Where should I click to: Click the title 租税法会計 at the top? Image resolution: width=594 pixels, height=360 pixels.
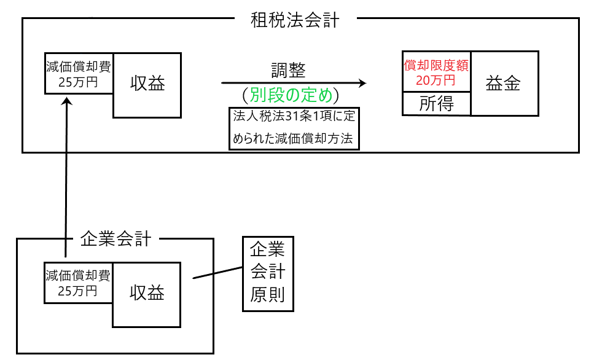pos(295,20)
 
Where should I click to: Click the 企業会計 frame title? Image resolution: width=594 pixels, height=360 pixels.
pos(115,239)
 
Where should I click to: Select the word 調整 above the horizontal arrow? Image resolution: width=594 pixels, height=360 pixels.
pos(288,70)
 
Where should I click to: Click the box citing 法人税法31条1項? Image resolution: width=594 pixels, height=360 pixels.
pos(293,128)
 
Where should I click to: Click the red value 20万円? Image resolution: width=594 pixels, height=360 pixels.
pos(436,80)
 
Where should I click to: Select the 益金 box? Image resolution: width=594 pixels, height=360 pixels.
pos(504,84)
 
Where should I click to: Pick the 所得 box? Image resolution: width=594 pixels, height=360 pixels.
pos(436,104)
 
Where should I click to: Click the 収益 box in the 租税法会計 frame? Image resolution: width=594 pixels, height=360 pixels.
pos(147,85)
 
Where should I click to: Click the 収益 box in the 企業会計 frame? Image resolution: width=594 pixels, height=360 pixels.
pos(147,294)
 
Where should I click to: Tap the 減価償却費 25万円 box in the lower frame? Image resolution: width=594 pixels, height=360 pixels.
pos(78,283)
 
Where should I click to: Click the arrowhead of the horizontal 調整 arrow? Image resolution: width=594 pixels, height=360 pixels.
pos(362,83)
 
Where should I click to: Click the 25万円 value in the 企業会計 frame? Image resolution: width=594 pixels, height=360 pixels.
pos(77,290)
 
